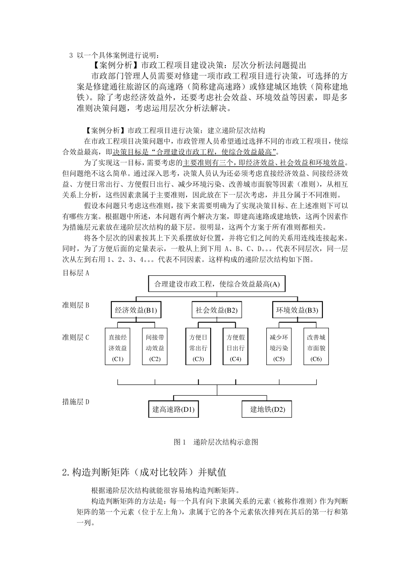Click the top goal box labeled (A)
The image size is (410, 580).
(217, 284)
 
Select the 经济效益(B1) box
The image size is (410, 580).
(136, 310)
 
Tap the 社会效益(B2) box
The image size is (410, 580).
(216, 310)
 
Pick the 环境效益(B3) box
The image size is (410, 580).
(297, 310)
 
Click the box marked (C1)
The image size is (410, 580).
(118, 347)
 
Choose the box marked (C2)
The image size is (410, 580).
(155, 347)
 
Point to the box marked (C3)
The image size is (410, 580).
(199, 347)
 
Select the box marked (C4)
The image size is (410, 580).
(235, 347)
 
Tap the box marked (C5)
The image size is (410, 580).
(279, 347)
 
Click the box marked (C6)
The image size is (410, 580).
(316, 347)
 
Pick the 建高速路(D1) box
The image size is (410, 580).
(173, 409)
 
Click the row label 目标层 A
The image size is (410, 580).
(76, 273)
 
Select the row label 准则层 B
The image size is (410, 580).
(76, 305)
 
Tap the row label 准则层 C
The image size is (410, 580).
(76, 337)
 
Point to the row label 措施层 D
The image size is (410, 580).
(76, 402)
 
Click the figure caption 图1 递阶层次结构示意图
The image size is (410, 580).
(215, 442)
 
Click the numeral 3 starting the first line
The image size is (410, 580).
(71, 55)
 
